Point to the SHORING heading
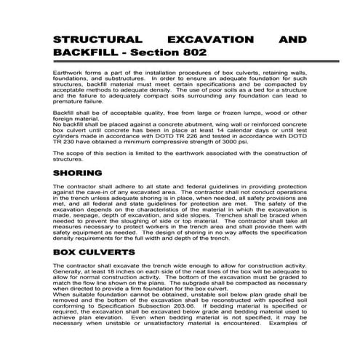pyautogui.click(x=77, y=175)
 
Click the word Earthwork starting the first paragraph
pyautogui.click(x=70, y=75)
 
